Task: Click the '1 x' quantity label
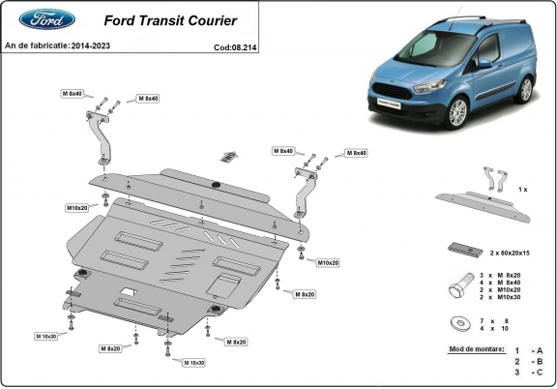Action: click(x=522, y=190)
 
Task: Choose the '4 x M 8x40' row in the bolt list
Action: click(x=503, y=283)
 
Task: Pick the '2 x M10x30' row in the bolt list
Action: click(x=503, y=298)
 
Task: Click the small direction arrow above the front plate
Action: click(x=228, y=155)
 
